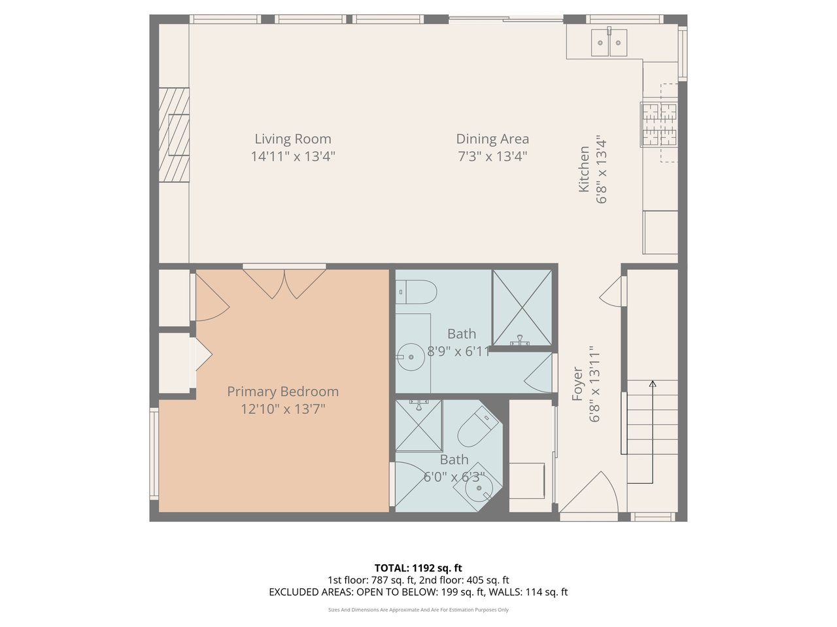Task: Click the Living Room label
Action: pos(293,139)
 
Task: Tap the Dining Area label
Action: pos(492,139)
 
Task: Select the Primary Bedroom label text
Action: pos(282,392)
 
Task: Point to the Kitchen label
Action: pos(584,169)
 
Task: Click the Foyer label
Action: pos(577,383)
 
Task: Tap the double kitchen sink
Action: pos(609,42)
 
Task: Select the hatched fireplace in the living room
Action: pos(174,135)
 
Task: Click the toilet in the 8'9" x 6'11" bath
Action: pos(416,292)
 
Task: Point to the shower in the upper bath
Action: pos(522,307)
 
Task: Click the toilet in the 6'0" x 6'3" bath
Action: pos(479,426)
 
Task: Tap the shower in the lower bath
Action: pos(418,426)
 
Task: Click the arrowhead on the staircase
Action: pos(653,384)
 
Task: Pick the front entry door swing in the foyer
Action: pos(589,492)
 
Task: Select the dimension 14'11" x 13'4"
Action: pos(293,156)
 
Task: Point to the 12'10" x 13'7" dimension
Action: pos(282,409)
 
